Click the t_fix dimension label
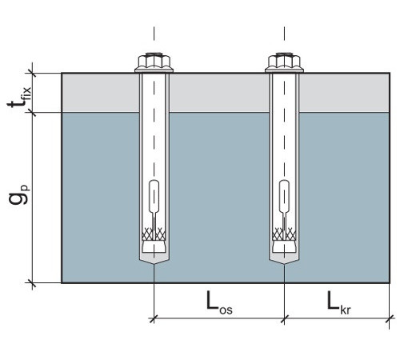coord(19,97)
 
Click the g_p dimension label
coord(19,194)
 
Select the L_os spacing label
coord(219,303)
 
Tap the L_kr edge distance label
coord(338,303)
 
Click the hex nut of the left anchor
coord(154,61)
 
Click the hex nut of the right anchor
coord(284,61)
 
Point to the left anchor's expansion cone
coord(154,246)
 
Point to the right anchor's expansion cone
coord(284,246)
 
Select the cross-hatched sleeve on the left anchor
coord(154,234)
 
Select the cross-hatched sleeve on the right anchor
coord(284,234)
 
